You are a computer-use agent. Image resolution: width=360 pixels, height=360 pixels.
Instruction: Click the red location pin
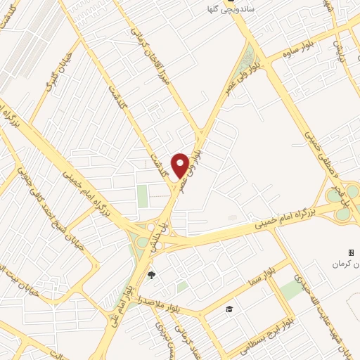pyautogui.click(x=180, y=165)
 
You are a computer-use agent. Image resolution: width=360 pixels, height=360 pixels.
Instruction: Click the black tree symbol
pyautogui.click(x=151, y=275)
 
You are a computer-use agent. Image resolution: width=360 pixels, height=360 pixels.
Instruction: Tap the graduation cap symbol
pyautogui.click(x=229, y=309)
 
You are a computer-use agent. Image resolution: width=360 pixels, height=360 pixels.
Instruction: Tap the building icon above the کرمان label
pyautogui.click(x=352, y=252)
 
